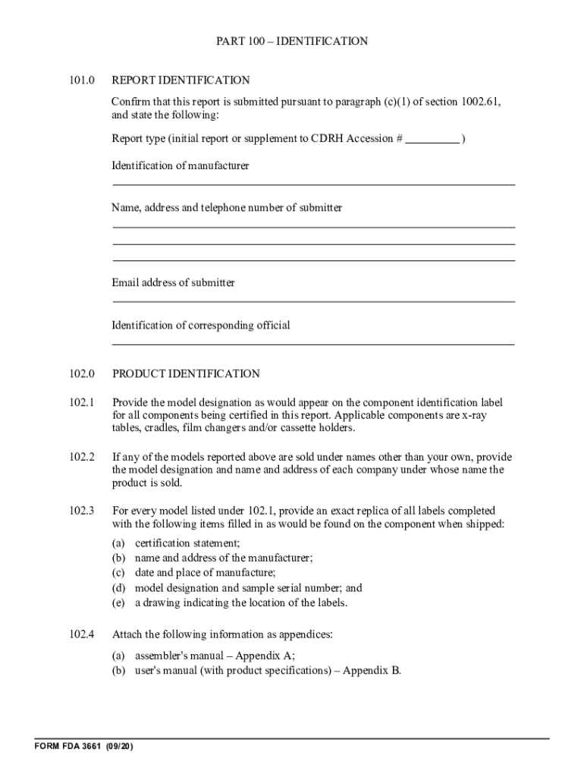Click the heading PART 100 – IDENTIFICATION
(x=292, y=41)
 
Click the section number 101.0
(x=82, y=80)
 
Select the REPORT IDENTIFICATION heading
(x=181, y=80)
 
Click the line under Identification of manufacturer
(x=313, y=184)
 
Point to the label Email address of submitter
(x=173, y=282)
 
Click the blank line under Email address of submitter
(x=313, y=301)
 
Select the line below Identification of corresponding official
(x=313, y=344)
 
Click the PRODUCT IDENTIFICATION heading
(x=186, y=373)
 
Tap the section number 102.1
(x=82, y=402)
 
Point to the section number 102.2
(x=82, y=457)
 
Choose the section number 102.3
(x=82, y=511)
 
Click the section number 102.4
(x=82, y=634)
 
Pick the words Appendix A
(x=265, y=656)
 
